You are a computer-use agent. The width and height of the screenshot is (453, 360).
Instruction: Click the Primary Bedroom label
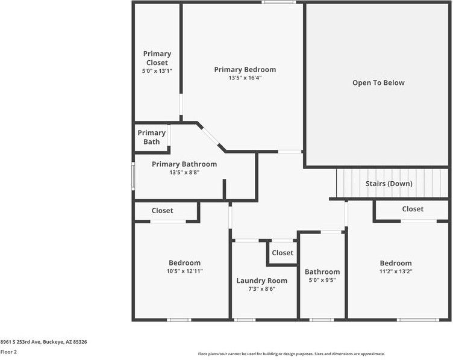pyautogui.click(x=245, y=70)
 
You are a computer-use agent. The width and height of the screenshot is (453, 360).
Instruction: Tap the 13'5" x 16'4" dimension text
pyautogui.click(x=245, y=78)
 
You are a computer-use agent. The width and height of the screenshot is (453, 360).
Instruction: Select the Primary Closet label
pyautogui.click(x=157, y=58)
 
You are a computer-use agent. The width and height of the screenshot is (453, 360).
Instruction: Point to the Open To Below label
pyautogui.click(x=378, y=83)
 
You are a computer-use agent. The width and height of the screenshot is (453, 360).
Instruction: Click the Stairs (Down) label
pyautogui.click(x=389, y=184)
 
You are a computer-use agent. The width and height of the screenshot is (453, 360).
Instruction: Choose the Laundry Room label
pyautogui.click(x=262, y=281)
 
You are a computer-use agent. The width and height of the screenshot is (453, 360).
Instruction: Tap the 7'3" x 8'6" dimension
pyautogui.click(x=262, y=289)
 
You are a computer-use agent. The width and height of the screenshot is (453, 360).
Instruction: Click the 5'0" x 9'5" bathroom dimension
pyautogui.click(x=322, y=280)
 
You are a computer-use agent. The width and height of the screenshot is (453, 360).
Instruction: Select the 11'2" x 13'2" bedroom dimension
pyautogui.click(x=396, y=271)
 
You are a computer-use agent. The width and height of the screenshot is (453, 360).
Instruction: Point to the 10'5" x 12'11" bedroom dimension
pyautogui.click(x=184, y=271)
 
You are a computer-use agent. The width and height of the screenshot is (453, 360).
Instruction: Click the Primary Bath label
pyautogui.click(x=151, y=137)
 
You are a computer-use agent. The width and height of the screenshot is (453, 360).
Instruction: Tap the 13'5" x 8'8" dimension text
pyautogui.click(x=184, y=172)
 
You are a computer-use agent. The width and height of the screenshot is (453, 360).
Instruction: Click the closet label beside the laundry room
pyautogui.click(x=283, y=253)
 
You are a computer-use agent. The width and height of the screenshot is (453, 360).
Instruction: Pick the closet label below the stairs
pyautogui.click(x=413, y=209)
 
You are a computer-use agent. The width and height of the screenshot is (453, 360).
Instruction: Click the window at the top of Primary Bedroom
pyautogui.click(x=279, y=2)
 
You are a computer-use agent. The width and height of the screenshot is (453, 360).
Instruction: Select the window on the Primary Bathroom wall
pyautogui.click(x=133, y=176)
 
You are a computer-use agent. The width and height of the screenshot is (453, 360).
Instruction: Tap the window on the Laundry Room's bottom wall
pyautogui.click(x=245, y=320)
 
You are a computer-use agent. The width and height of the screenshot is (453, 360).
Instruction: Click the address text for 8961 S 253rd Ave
pyautogui.click(x=43, y=342)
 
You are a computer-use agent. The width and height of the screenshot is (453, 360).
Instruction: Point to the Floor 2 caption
pyautogui.click(x=8, y=352)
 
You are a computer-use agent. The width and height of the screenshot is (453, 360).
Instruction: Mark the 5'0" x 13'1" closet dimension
pyautogui.click(x=157, y=70)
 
